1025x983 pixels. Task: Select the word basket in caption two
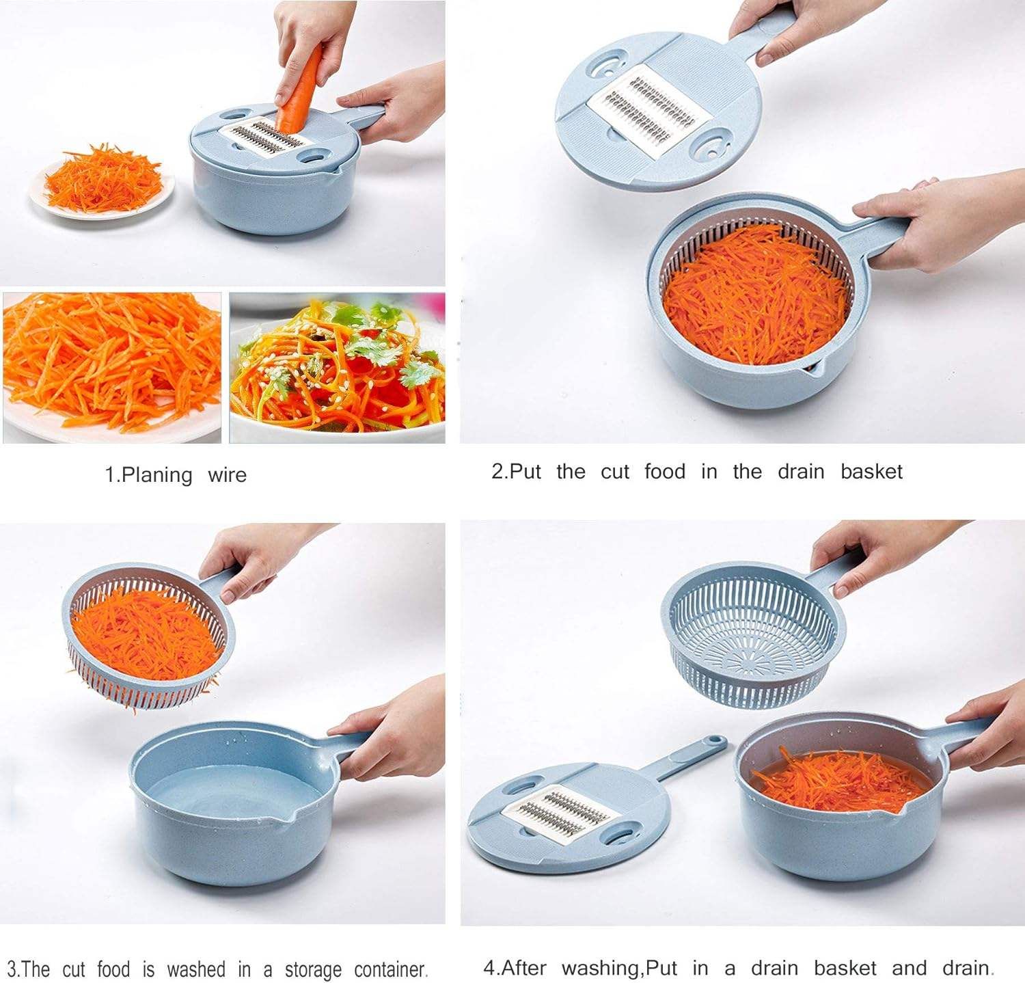point(871,472)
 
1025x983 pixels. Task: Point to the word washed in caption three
point(195,969)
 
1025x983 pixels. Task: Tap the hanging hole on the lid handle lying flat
point(714,741)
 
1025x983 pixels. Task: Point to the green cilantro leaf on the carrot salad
point(417,373)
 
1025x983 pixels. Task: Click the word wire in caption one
point(227,475)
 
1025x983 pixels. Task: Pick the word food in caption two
point(664,472)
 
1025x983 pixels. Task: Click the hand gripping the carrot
point(307,38)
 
